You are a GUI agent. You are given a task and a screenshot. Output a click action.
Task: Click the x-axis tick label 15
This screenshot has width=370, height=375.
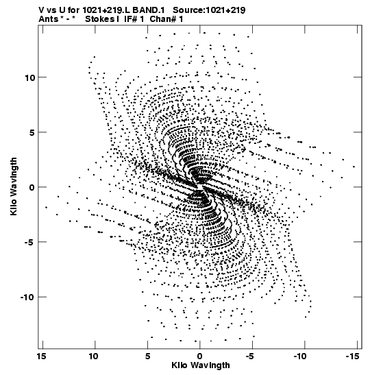tap(41, 356)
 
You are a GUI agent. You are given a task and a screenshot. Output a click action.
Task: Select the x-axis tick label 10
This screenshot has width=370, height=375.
tap(93, 356)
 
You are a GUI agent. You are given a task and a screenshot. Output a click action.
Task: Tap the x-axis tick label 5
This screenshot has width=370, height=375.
tap(148, 356)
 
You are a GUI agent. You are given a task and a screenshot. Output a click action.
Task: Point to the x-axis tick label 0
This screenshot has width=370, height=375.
tap(200, 356)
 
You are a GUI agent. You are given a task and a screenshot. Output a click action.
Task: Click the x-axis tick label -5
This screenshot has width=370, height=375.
tap(250, 356)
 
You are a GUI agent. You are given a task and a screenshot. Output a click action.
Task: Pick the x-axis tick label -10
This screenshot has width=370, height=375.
tap(300, 356)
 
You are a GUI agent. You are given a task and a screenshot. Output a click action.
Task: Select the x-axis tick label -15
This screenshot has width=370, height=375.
tap(353, 356)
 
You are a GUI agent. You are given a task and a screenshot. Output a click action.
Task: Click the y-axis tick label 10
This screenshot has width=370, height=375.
tap(30, 77)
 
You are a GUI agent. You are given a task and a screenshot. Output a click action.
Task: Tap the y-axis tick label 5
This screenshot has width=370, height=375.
tap(32, 132)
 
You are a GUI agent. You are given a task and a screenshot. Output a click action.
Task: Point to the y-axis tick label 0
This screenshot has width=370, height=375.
tap(32, 187)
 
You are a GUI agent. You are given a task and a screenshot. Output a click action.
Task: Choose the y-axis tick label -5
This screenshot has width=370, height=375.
tap(30, 242)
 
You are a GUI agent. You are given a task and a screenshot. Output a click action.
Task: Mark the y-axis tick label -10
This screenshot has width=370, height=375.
tap(28, 297)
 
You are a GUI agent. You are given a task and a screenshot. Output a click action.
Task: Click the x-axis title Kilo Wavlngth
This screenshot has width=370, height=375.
tap(201, 365)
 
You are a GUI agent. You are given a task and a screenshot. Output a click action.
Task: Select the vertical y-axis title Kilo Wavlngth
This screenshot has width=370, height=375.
tap(14, 186)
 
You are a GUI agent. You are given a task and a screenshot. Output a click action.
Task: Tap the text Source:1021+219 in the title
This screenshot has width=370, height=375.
tap(209, 10)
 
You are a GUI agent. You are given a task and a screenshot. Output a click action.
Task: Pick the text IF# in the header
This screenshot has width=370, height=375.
tap(130, 19)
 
